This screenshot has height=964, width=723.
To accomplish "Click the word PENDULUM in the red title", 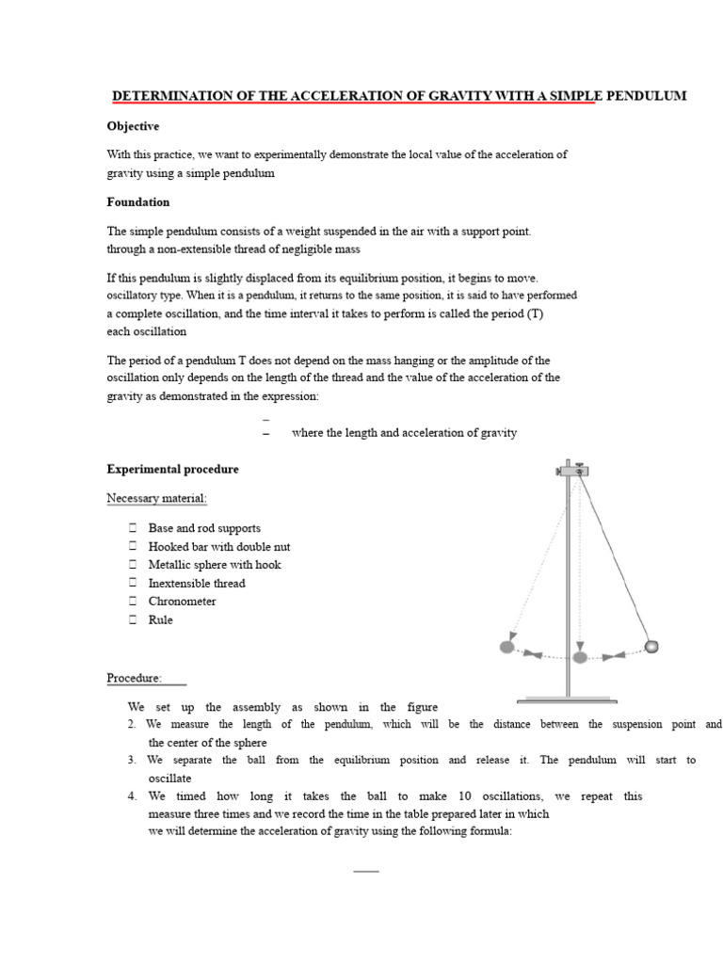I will click(x=645, y=96).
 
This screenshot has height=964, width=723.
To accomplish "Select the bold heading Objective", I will click(x=133, y=126).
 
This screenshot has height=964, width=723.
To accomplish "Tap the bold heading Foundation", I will click(x=137, y=201).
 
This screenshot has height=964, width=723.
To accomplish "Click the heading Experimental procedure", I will click(x=172, y=469).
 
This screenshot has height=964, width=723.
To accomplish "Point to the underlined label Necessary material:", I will click(x=156, y=498).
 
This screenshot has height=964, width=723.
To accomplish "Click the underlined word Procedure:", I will click(x=134, y=678).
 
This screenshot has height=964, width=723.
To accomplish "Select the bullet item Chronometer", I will click(x=182, y=602).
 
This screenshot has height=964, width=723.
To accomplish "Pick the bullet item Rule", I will click(x=161, y=620).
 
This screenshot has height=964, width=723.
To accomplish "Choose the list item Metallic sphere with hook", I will click(x=215, y=565).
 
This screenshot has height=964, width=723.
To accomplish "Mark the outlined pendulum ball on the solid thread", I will click(x=651, y=646).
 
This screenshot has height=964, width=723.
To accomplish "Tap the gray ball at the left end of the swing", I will click(x=506, y=647).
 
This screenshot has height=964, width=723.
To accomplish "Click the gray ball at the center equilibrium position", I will click(x=580, y=656).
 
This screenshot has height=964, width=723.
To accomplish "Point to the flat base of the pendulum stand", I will click(x=568, y=699).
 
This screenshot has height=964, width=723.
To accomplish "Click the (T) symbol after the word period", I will click(x=535, y=313).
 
